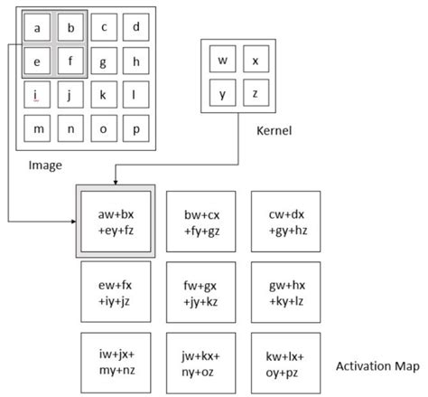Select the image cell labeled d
(x=135, y=27)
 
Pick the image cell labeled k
(x=104, y=93)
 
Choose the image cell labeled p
(x=135, y=128)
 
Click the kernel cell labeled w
(x=222, y=61)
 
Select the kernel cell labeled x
(x=256, y=61)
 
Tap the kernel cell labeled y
(x=222, y=93)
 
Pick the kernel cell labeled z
(x=256, y=93)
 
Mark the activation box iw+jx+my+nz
(x=116, y=358)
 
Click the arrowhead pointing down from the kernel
(x=116, y=180)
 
